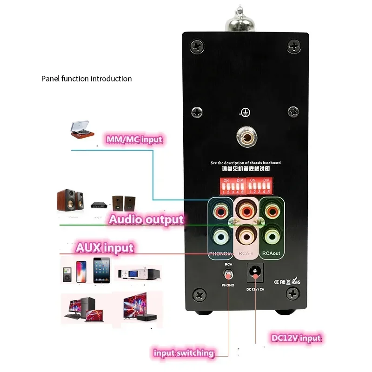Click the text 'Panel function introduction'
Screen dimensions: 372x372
click(x=86, y=79)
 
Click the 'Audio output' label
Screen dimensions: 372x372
click(x=146, y=219)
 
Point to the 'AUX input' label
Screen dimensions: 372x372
click(x=105, y=247)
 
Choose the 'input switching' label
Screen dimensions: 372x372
click(x=184, y=353)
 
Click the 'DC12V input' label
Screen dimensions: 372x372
click(x=296, y=338)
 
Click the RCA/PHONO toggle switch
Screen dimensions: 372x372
click(x=228, y=274)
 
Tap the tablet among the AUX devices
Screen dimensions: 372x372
click(x=101, y=270)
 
